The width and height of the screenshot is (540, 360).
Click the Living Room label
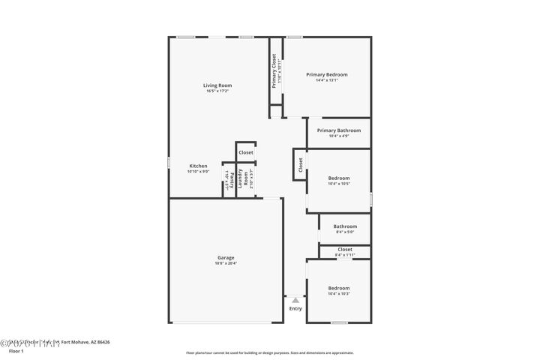[x=217, y=85]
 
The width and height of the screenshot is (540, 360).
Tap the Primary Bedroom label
[x=327, y=74]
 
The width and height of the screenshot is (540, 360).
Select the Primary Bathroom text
[x=338, y=130]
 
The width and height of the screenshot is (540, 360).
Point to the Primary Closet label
[x=274, y=70]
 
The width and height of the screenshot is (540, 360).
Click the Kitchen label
[x=198, y=166]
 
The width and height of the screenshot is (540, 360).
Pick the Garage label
[x=226, y=257]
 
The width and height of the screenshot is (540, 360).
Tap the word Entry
[x=295, y=308]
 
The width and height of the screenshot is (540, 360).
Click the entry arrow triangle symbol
[x=295, y=300]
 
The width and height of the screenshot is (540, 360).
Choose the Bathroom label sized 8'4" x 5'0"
[x=345, y=226]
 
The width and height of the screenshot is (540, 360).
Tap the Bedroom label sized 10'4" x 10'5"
[x=339, y=178]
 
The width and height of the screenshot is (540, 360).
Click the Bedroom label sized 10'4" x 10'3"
[x=339, y=288]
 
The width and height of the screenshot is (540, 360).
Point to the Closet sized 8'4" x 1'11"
[x=345, y=249]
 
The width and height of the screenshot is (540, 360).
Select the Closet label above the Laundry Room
[x=246, y=152]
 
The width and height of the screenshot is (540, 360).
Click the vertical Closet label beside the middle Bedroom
[x=300, y=165]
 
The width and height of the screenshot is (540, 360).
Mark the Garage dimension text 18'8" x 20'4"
[x=226, y=263]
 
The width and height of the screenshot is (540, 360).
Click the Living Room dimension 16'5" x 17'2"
[x=217, y=91]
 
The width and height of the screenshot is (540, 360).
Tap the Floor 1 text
[x=16, y=350]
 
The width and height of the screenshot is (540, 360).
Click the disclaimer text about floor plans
[x=270, y=352]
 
